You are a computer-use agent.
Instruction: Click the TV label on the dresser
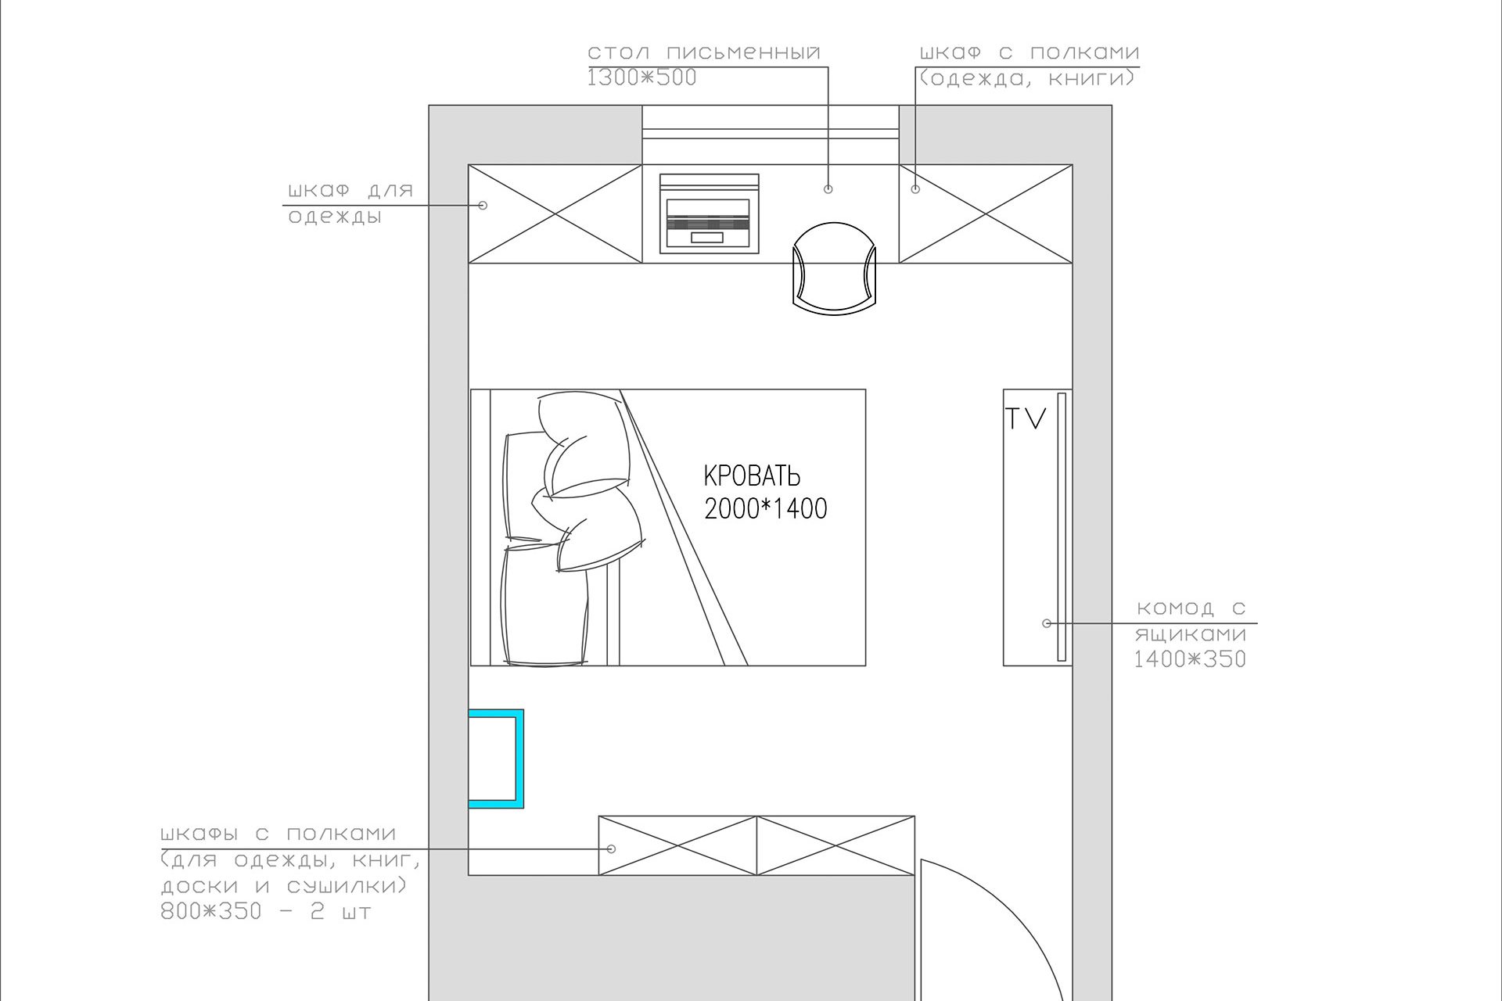(1026, 418)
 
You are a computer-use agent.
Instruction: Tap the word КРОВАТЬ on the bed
(752, 475)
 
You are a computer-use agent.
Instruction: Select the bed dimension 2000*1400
(766, 509)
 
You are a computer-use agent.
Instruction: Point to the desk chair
(834, 267)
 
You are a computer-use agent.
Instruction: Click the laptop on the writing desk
(709, 213)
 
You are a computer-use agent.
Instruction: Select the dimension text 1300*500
(642, 77)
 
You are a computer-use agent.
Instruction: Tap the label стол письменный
(704, 52)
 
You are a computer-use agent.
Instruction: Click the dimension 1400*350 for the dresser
(1190, 659)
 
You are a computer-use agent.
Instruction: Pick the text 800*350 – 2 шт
(266, 911)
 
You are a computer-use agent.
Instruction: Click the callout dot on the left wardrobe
(483, 205)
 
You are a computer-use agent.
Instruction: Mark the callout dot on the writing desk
(828, 188)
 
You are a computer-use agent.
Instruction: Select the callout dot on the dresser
(1047, 623)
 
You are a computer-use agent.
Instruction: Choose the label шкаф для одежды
(350, 203)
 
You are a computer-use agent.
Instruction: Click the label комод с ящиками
(1191, 620)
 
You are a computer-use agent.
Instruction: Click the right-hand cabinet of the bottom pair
(835, 845)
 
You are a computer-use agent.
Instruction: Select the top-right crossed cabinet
(986, 213)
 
